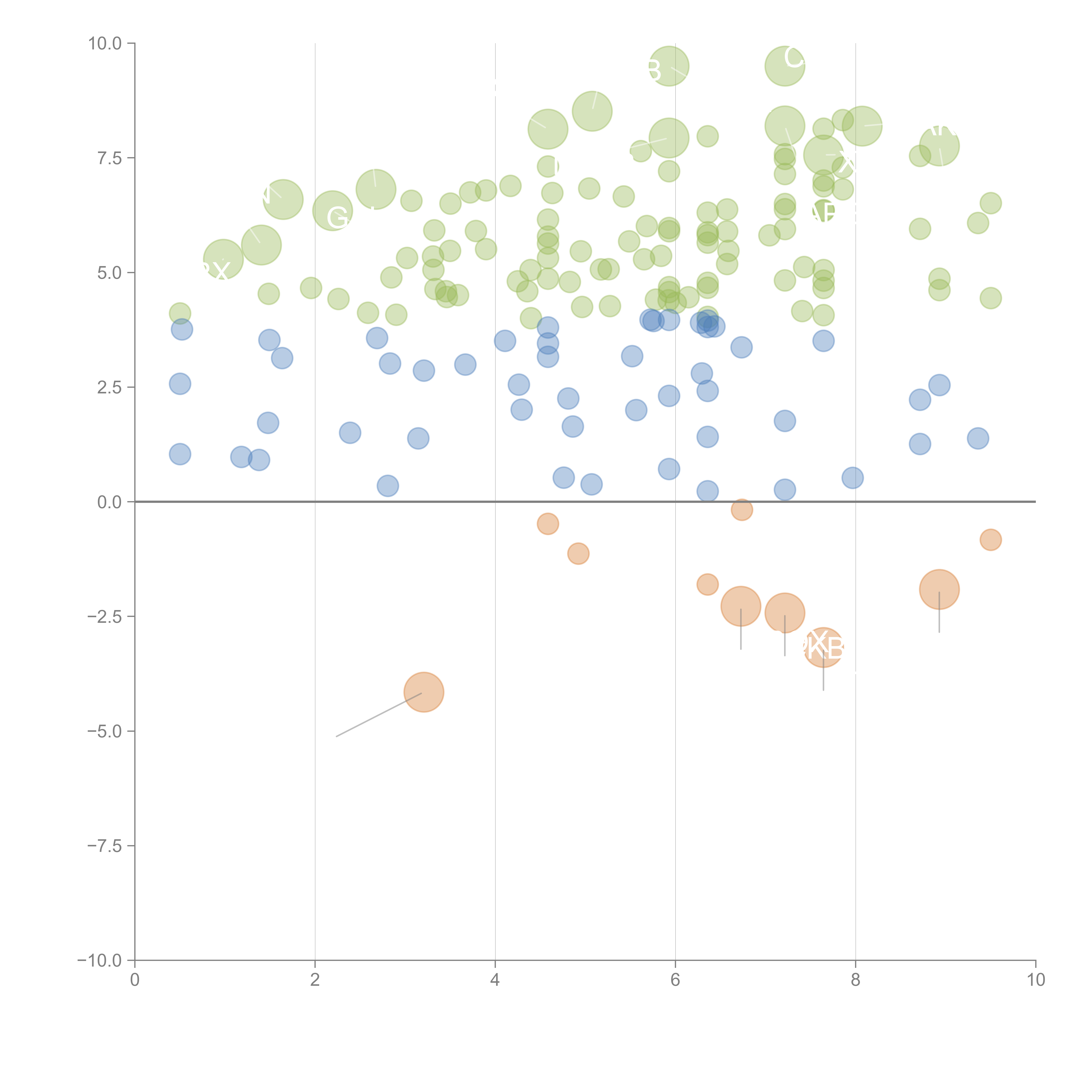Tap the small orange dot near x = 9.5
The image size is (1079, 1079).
pyautogui.click(x=990, y=539)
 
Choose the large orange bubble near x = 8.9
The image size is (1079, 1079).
pyautogui.click(x=939, y=589)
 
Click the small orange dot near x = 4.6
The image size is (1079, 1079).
pyautogui.click(x=548, y=524)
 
